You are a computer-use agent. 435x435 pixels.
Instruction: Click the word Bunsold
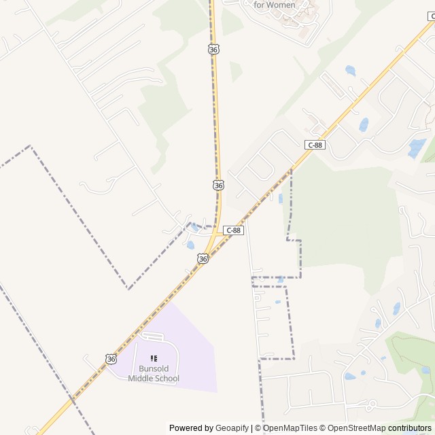coord(154,369)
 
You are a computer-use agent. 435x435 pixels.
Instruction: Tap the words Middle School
coord(154,379)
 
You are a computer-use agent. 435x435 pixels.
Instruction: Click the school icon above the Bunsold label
coord(154,358)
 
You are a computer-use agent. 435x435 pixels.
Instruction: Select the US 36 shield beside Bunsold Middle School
coord(111,358)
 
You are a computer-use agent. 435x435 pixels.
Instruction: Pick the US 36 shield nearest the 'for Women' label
coord(214,50)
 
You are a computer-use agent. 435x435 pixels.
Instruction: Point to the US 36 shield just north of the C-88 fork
coord(218,185)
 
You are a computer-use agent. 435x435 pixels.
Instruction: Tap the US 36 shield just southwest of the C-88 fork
coord(203,258)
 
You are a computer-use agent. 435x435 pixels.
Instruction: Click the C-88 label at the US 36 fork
coord(233,230)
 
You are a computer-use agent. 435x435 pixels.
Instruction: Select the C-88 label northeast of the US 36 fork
coord(315,145)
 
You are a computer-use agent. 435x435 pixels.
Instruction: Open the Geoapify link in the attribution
coord(232,428)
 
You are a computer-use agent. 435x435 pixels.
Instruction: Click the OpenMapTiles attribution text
coord(290,428)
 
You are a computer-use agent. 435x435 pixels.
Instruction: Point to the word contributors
coord(410,428)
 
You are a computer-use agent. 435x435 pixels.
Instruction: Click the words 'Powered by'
coord(191,428)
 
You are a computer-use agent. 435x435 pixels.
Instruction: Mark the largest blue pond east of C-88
coord(416,147)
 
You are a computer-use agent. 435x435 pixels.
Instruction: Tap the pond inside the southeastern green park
coord(425,370)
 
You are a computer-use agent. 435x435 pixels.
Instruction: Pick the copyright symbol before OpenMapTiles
coord(258,428)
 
